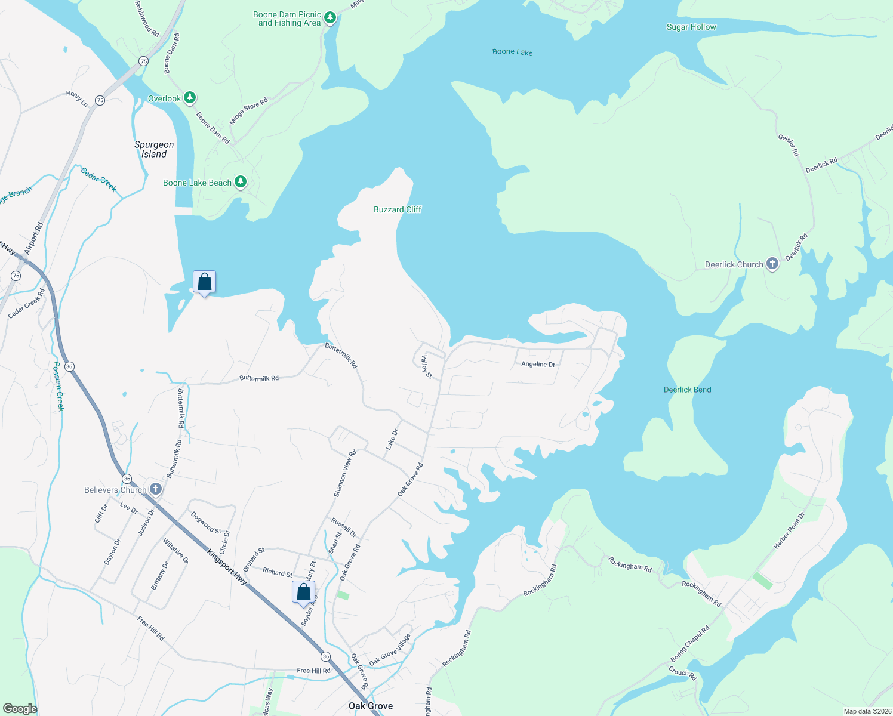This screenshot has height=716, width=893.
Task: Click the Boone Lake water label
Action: point(512,52)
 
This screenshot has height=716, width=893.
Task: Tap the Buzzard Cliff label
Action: point(398,209)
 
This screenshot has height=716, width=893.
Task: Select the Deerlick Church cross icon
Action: point(772,264)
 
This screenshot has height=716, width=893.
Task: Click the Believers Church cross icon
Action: point(155,490)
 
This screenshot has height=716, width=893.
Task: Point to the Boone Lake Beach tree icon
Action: point(240,182)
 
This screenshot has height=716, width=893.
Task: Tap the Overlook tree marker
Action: point(189,98)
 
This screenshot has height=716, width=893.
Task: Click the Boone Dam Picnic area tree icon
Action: point(330,18)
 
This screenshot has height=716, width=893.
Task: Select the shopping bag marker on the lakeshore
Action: point(204,282)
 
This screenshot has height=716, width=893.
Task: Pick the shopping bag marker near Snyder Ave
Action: point(303,592)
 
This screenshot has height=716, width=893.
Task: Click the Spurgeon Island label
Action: point(154,149)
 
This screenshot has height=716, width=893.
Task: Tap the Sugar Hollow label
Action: point(691,27)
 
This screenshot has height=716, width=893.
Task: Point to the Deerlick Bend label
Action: point(687,390)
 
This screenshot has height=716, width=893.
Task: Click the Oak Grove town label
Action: point(371,706)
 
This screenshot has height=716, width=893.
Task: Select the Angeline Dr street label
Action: point(538,364)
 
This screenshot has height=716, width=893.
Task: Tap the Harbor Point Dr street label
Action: point(789,530)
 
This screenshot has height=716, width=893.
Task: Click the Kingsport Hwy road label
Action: point(227,566)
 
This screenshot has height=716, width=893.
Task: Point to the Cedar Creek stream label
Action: point(98,180)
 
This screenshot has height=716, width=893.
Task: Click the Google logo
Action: point(20,708)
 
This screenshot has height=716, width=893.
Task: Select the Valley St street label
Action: point(426,366)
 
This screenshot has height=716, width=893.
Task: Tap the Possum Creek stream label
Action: point(58,386)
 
